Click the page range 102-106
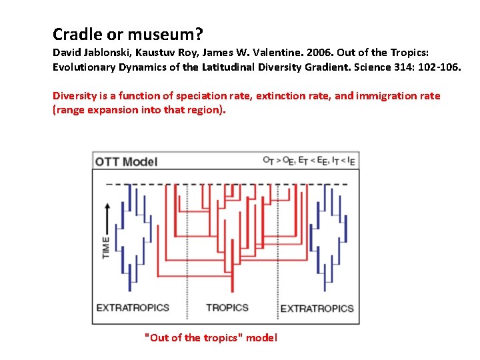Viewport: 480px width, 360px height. point(439,67)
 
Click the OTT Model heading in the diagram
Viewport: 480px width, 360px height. point(127,161)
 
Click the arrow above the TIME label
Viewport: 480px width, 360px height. point(107,215)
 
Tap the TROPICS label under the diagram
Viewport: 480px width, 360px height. point(227,307)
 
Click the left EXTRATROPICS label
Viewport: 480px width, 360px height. point(133,307)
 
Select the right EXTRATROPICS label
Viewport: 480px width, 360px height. point(317,308)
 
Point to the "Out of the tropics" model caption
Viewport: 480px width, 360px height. point(211,337)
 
